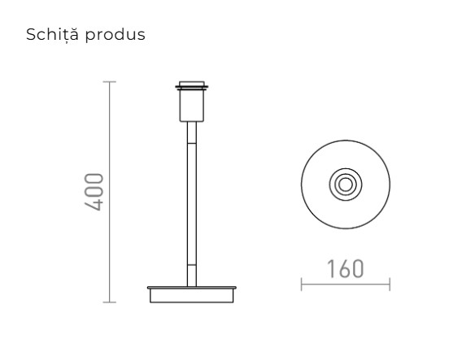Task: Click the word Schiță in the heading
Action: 49,37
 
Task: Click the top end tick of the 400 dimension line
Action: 111,82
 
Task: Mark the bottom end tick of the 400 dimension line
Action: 111,302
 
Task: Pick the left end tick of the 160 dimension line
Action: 302,284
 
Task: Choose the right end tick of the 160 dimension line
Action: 390,284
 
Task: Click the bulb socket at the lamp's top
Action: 192,103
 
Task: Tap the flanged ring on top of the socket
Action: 192,84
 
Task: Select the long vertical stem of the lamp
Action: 192,203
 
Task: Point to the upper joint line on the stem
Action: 192,143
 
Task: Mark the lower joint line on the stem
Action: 192,264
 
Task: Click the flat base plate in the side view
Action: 192,288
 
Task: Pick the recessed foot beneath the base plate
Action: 192,297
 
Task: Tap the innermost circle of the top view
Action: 346,184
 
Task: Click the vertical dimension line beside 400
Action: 111,193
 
